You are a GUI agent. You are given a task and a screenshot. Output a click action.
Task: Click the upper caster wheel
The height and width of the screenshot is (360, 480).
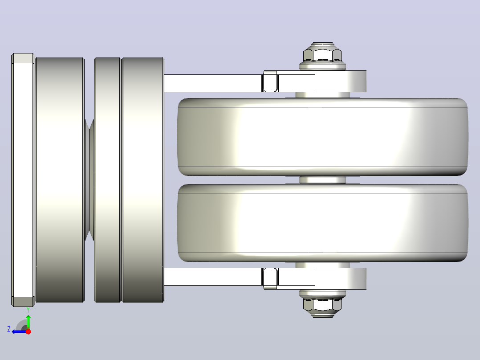323,137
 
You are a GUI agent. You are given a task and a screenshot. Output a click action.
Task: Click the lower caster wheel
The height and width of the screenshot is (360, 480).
323,223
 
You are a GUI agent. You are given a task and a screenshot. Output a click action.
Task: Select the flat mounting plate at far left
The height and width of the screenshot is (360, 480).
23,180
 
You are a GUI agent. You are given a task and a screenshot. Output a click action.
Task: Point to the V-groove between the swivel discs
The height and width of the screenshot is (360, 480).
89,180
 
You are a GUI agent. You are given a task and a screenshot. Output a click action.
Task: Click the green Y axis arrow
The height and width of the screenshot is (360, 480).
28,322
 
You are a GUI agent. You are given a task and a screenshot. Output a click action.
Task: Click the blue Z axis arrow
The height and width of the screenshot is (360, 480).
20,332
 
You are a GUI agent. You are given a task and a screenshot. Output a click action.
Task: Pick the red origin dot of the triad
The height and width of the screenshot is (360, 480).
28,331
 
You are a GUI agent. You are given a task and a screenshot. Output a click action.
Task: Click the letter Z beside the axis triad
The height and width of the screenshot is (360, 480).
9,329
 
